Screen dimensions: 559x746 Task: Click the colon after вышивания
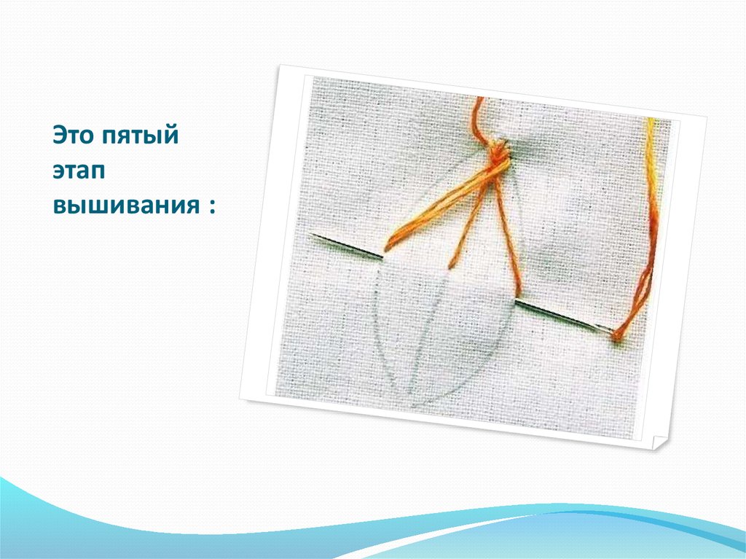(212, 206)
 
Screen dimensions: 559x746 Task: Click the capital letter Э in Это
(59, 136)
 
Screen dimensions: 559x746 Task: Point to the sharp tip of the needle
(311, 235)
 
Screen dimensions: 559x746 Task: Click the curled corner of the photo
(660, 442)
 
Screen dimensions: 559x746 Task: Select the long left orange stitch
(437, 211)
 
